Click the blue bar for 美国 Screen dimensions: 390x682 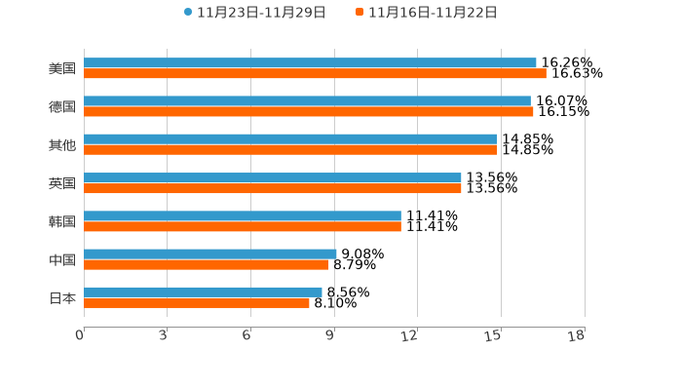point(310,62)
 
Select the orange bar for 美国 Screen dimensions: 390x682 point(315,73)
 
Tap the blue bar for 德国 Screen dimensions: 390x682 point(307,100)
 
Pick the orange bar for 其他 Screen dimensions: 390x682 point(290,150)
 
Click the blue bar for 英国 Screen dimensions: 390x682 point(273,177)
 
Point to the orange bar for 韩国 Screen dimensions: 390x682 point(243,226)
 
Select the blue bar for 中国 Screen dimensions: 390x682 point(210,253)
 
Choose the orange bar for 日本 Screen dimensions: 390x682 point(197,303)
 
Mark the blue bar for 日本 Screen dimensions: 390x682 point(203,292)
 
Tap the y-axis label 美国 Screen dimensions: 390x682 point(62,68)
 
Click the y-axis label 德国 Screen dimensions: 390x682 point(62,106)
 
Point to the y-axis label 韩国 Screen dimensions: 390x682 point(62,221)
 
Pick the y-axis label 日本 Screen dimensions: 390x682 point(62,297)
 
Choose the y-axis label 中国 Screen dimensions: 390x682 point(62,259)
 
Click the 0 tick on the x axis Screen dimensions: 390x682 point(80,335)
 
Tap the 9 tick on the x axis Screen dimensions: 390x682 point(330,335)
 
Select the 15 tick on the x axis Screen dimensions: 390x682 point(495,335)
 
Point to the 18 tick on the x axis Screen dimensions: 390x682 point(577,335)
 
